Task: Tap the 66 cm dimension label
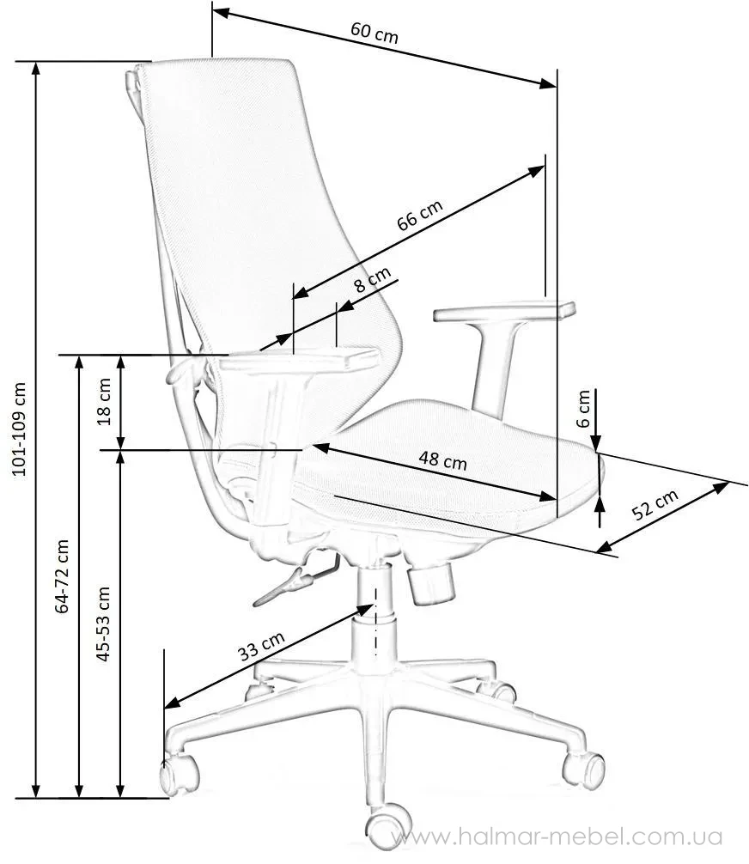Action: [420, 215]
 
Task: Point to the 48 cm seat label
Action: [442, 460]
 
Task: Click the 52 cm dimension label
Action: [655, 504]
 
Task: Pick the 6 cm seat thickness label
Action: [583, 408]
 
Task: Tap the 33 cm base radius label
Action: [261, 645]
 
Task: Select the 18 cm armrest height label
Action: [104, 402]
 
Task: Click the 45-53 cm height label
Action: [103, 624]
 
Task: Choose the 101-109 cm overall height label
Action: [19, 429]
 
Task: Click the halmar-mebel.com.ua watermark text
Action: [557, 837]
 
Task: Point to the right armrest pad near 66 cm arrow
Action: [504, 311]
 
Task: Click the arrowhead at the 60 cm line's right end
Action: [547, 83]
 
